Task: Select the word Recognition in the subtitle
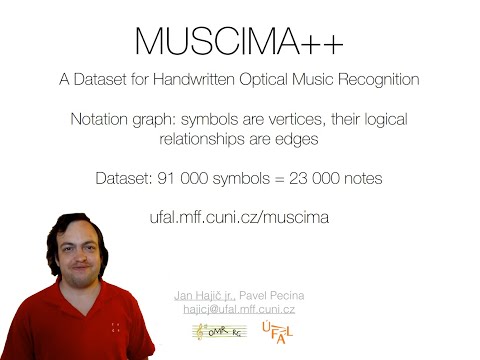(x=376, y=79)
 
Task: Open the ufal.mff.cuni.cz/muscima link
(x=240, y=216)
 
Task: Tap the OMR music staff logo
(x=215, y=333)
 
